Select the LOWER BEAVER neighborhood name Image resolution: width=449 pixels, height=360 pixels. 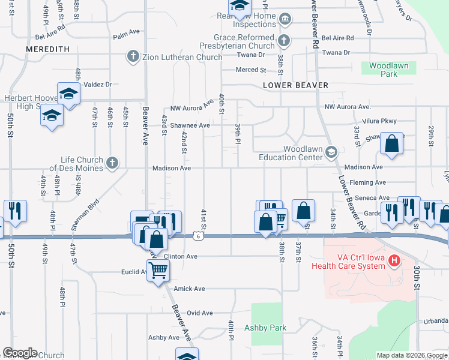[x=295, y=85]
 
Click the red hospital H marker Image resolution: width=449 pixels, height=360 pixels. [x=394, y=260]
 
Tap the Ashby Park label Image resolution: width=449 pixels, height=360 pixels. [x=265, y=328]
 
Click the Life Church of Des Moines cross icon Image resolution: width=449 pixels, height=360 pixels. [x=112, y=161]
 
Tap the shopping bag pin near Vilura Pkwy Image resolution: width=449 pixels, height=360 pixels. [x=391, y=145]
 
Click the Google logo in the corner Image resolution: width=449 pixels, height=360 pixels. [x=20, y=353]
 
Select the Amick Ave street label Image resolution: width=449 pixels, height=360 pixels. [x=189, y=289]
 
